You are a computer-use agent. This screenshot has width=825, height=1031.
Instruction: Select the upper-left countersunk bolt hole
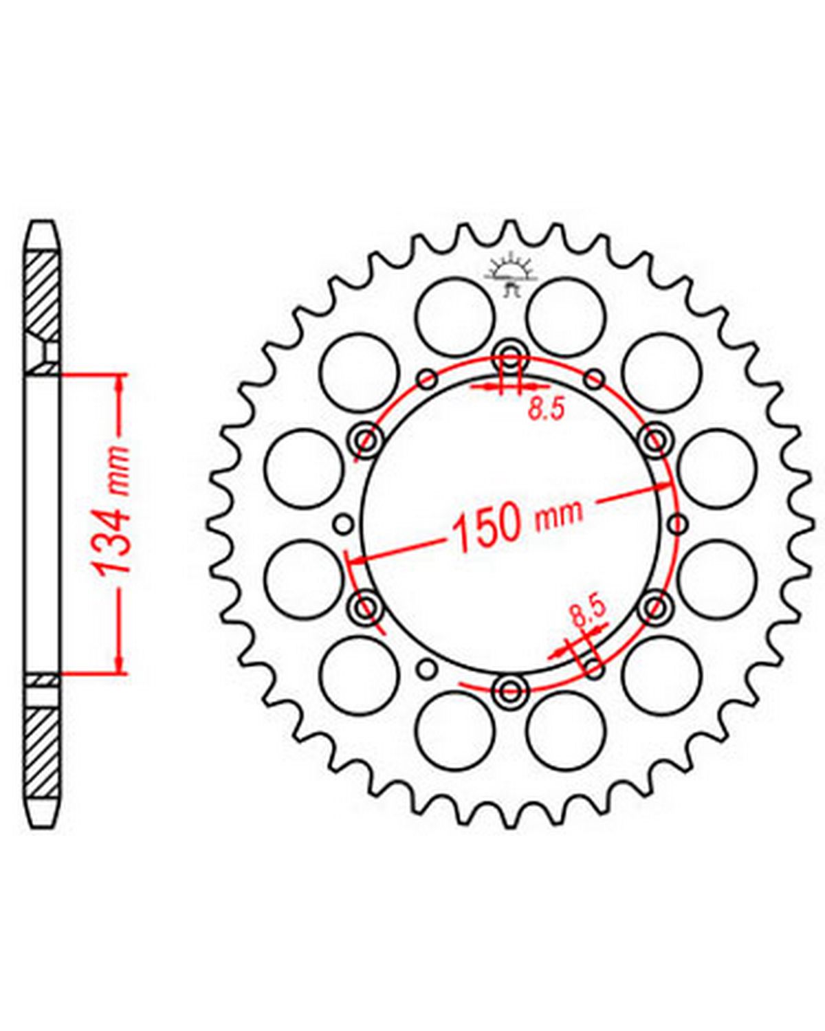366,441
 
